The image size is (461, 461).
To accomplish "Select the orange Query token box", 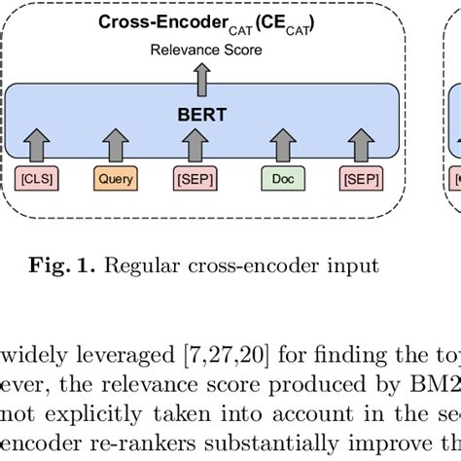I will click(x=116, y=179).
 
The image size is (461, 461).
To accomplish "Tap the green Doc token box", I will click(x=281, y=179).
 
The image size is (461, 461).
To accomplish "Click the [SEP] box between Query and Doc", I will click(x=195, y=179).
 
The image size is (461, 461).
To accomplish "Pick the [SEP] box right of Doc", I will click(x=363, y=179).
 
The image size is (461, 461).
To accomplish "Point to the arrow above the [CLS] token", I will click(x=37, y=146).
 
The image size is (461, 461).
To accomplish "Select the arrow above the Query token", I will click(x=116, y=146).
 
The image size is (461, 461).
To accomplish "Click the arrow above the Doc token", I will click(x=281, y=146).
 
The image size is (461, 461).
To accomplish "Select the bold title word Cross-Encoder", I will click(x=155, y=23).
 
